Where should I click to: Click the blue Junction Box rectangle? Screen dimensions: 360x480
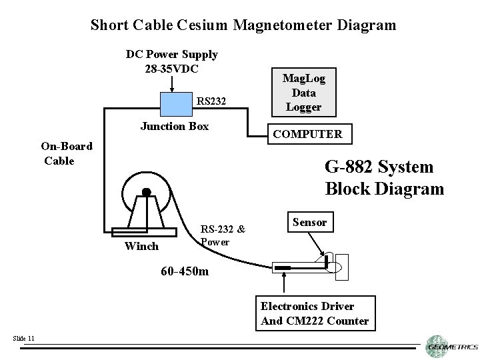175,103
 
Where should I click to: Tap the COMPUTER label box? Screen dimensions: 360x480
307,135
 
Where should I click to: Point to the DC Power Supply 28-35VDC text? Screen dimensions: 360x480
171,61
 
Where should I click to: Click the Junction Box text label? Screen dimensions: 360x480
175,126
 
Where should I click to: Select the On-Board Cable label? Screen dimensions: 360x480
66,153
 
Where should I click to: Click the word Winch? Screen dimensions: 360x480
141,246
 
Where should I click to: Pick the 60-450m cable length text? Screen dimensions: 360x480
185,271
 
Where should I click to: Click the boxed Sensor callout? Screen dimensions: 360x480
309,222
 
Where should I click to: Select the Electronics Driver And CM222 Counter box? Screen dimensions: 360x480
314,313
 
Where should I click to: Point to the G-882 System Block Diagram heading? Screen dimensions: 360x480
384,177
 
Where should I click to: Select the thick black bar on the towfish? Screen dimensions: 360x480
283,268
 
